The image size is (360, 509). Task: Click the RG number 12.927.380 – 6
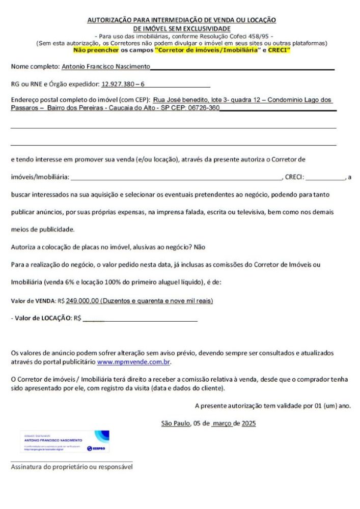(123, 83)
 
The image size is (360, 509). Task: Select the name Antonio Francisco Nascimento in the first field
(105, 67)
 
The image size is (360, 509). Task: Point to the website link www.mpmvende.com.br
(133, 362)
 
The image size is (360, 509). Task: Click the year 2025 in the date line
(249, 423)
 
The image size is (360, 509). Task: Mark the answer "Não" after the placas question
(200, 247)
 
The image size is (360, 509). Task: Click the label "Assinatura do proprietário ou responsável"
(72, 467)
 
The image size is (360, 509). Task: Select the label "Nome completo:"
(35, 67)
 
